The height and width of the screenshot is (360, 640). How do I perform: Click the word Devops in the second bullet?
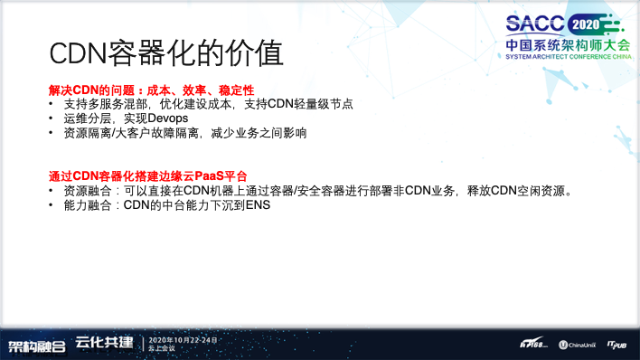[164, 118]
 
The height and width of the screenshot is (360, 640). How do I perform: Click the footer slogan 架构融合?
[37, 345]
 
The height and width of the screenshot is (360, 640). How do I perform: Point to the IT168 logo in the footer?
[533, 345]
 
